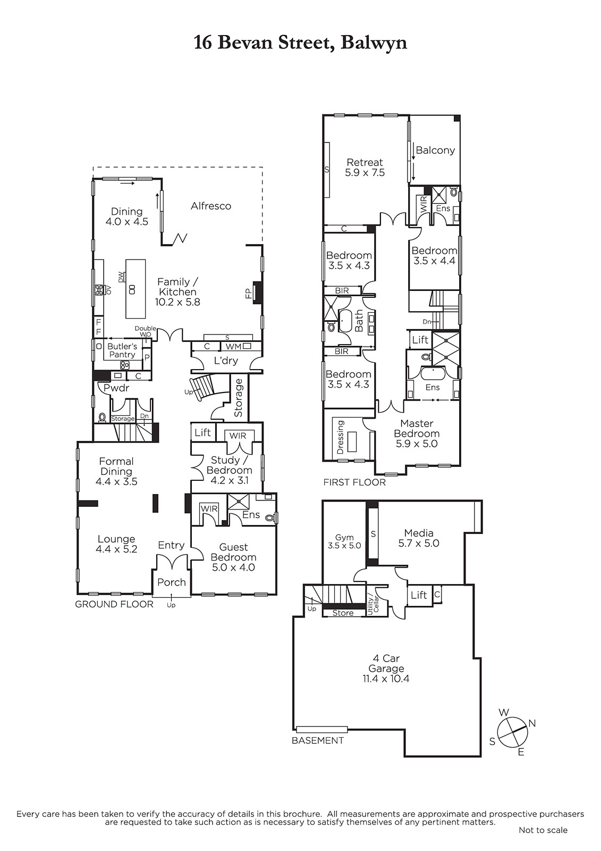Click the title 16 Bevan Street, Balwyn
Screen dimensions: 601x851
(x=300, y=43)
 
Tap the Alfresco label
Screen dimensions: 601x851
(x=211, y=206)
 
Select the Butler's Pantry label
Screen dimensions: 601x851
(x=122, y=351)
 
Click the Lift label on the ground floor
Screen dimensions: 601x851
(x=203, y=432)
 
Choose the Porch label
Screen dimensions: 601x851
(x=172, y=582)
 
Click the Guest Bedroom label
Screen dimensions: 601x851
(x=233, y=552)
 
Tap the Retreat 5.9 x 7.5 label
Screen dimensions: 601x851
(x=365, y=167)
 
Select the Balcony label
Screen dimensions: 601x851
(x=435, y=150)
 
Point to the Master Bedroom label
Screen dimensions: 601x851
(x=417, y=428)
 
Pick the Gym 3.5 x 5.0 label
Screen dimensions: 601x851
(x=344, y=541)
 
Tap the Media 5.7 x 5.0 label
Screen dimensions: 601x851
(x=419, y=538)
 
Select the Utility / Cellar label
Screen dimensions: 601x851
(x=373, y=600)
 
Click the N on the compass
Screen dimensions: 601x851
(x=532, y=724)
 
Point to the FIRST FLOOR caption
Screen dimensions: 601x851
(x=354, y=482)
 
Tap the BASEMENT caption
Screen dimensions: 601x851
(x=317, y=740)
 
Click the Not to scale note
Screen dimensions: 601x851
(x=543, y=830)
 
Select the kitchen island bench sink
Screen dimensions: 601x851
(x=132, y=289)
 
